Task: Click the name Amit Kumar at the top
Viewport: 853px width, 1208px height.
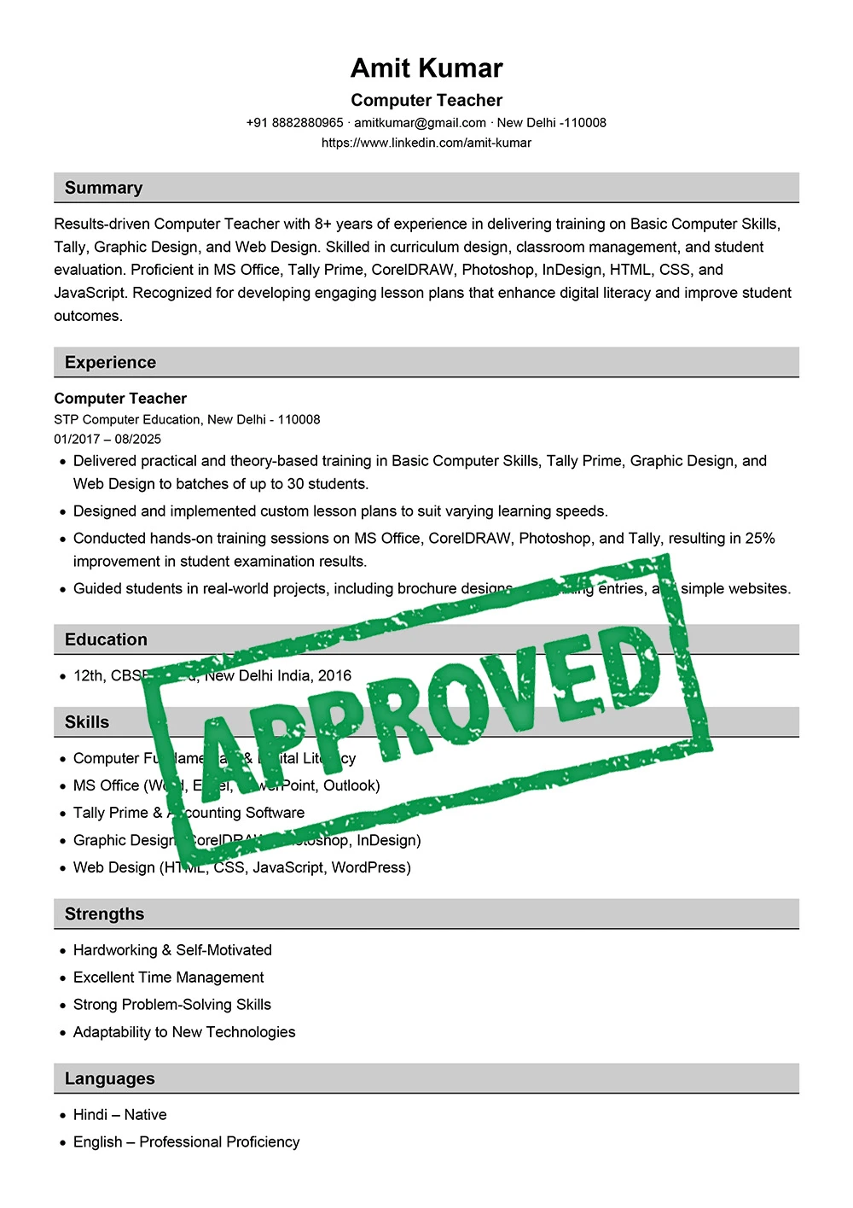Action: click(x=426, y=68)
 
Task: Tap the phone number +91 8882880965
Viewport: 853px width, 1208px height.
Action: click(x=294, y=123)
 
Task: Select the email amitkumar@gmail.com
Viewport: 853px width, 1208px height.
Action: click(x=420, y=123)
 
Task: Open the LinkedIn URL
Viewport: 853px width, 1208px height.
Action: click(x=426, y=143)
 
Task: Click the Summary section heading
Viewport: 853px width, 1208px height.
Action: click(x=103, y=188)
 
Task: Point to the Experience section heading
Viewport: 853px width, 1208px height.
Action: click(x=110, y=362)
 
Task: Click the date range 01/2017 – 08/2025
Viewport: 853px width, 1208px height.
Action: click(x=107, y=439)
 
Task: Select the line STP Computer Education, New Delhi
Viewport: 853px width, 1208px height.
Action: click(x=187, y=419)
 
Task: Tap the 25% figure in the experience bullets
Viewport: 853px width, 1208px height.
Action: click(x=760, y=539)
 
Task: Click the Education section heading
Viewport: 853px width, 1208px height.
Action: click(x=106, y=639)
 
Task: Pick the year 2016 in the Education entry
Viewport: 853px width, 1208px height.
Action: click(x=334, y=675)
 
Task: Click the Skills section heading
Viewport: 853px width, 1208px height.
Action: click(x=87, y=722)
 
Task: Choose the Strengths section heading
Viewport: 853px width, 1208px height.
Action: click(x=104, y=913)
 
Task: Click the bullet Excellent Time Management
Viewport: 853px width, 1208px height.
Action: click(x=168, y=977)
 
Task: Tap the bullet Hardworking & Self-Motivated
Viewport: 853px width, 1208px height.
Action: click(x=172, y=950)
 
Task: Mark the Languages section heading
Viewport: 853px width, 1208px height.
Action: click(x=109, y=1078)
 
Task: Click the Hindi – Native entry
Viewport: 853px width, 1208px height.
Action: click(x=119, y=1115)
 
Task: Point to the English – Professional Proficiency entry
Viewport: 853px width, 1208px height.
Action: click(x=186, y=1142)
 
